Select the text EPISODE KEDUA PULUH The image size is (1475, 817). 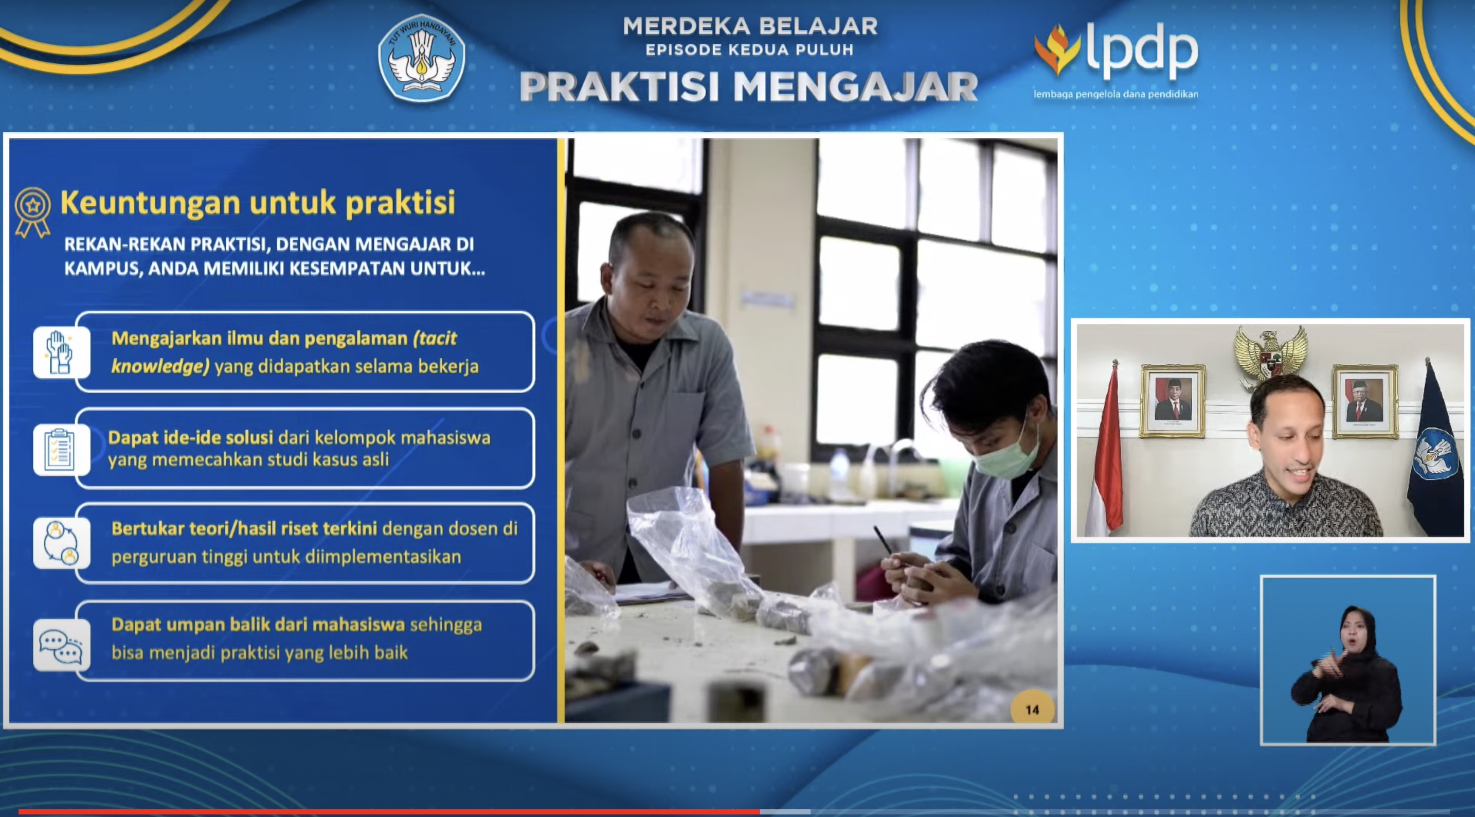[749, 50]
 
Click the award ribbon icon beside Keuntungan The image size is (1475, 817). [32, 211]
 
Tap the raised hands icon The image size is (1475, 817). [61, 352]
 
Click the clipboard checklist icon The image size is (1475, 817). [61, 450]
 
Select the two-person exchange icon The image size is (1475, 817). [61, 543]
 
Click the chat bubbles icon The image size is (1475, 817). [61, 645]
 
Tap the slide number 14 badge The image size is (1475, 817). [1032, 709]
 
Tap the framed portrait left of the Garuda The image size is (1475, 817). [1172, 402]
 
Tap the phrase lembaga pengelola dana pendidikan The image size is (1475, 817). [1116, 94]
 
